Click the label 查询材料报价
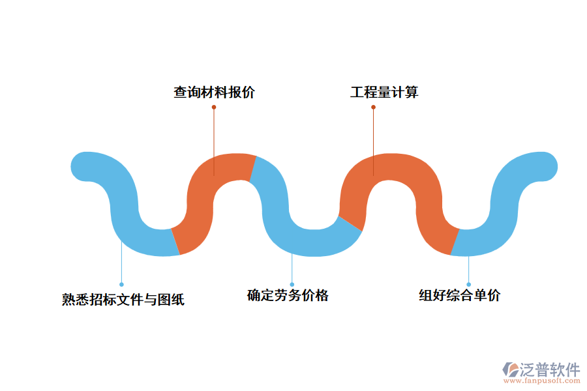pos(214,93)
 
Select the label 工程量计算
pos(384,93)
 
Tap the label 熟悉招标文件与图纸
pos(123,300)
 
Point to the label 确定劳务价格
pos(288,295)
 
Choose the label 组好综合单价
pos(459,295)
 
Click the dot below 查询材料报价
pos(214,107)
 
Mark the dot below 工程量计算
pos(374,107)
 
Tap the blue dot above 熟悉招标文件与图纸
pos(121,284)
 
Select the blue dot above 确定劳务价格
pos(292,284)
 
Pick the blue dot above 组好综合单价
pos(468,284)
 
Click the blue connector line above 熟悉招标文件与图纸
pos(121,264)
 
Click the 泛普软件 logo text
pos(549,369)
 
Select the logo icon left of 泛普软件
pos(509,370)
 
